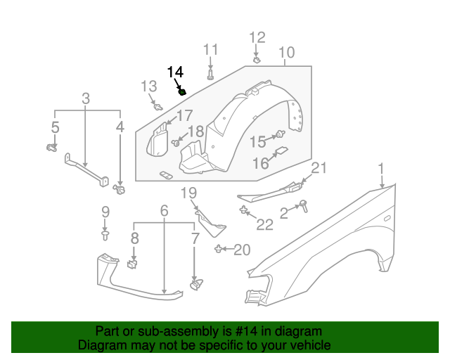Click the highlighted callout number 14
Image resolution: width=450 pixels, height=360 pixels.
tap(175, 72)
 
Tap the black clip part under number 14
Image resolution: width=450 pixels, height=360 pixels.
tap(183, 91)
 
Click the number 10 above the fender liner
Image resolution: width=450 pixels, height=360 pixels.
tap(286, 53)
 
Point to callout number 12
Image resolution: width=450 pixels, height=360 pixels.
tap(257, 37)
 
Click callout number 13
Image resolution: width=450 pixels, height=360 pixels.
tap(148, 86)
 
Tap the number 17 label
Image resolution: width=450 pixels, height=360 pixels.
tap(184, 116)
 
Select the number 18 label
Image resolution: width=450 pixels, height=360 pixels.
tap(195, 131)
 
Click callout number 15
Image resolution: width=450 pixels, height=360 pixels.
tap(257, 141)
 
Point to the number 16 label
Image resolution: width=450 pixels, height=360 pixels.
tap(260, 163)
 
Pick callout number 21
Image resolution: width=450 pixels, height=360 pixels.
tap(320, 167)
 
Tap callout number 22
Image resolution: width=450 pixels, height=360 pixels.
tap(264, 225)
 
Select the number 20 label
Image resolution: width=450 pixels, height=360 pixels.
tap(241, 250)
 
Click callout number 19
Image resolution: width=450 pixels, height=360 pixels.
tap(188, 193)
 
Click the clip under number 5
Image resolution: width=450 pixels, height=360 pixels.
tap(51, 148)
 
